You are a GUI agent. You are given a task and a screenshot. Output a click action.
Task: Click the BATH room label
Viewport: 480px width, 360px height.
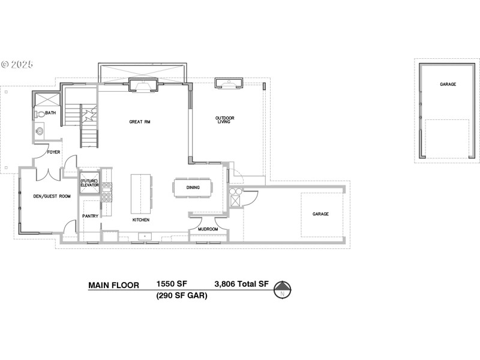50,112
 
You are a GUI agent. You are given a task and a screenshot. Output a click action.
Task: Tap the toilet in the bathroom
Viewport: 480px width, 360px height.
40,113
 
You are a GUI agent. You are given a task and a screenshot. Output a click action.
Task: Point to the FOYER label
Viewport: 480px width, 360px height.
54,152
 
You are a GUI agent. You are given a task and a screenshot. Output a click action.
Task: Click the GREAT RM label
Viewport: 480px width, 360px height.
139,122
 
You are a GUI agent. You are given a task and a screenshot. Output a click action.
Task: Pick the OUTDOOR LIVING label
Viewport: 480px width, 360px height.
225,120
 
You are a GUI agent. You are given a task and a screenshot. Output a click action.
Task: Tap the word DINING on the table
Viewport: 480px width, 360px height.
193,188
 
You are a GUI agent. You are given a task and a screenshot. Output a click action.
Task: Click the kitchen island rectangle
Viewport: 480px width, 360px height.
141,193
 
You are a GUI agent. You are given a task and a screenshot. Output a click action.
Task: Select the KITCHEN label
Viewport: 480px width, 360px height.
141,220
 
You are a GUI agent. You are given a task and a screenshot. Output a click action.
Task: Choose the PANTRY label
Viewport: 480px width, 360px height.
90,216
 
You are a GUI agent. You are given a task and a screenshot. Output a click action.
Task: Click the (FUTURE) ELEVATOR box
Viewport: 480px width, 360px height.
89,183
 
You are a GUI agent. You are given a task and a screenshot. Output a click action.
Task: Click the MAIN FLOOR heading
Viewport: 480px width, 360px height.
114,285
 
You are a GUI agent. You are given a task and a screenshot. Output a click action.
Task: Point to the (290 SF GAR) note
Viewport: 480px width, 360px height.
182,296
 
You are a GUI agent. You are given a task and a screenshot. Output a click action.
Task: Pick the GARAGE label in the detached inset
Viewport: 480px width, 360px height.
448,85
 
